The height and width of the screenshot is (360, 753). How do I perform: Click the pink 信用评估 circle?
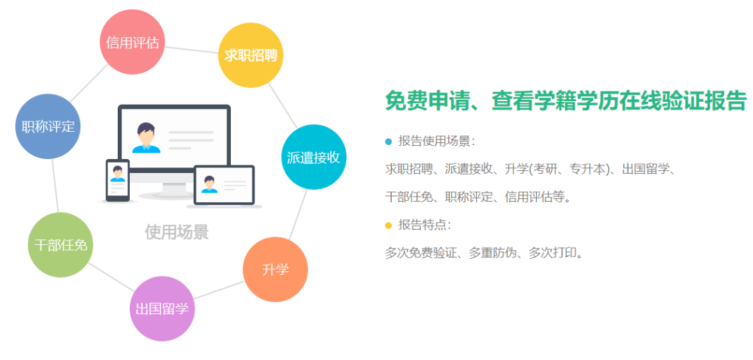tap(132, 43)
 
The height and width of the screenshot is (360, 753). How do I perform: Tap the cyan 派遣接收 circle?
tap(313, 157)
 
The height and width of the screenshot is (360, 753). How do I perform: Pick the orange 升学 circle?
tap(275, 269)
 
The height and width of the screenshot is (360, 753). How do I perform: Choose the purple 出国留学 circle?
tap(162, 308)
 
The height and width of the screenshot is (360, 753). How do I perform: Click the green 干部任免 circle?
tap(60, 245)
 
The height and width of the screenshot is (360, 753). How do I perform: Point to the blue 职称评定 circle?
tap(48, 126)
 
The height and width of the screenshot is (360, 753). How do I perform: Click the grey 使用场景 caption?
tap(176, 232)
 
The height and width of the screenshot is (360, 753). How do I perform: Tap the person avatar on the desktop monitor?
tap(146, 137)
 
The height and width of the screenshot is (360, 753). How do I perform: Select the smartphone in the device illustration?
tap(117, 181)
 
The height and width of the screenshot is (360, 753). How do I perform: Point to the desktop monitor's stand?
tap(173, 188)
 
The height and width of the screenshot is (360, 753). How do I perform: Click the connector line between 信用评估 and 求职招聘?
tap(192, 49)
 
